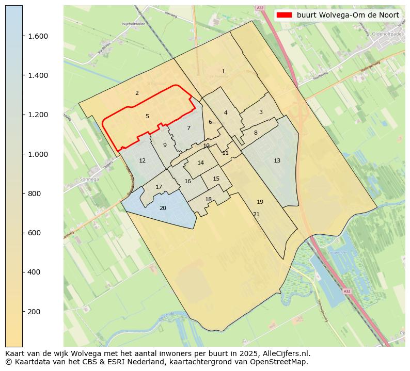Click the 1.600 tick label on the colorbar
point(38,36)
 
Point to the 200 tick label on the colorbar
point(34,312)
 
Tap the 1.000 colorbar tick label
point(38,154)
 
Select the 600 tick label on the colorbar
point(34,233)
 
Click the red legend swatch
point(284,15)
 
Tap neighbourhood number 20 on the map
point(163,208)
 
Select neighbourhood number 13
point(277,160)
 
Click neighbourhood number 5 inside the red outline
point(147,116)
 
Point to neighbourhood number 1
point(223,71)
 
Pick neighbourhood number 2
point(137,93)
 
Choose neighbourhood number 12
point(142,160)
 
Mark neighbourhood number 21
point(256,214)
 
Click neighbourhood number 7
point(188,128)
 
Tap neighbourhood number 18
point(208,199)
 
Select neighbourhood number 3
point(261,112)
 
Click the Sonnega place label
point(89,180)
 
